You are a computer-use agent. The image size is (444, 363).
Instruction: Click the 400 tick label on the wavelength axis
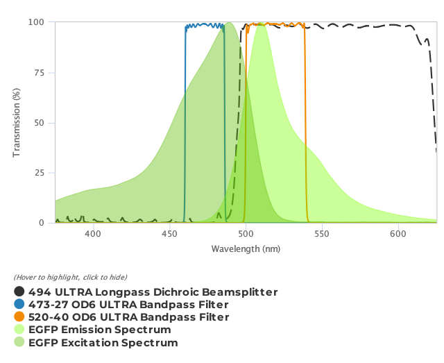(x=92, y=235)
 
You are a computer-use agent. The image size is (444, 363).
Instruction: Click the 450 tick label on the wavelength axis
(x=169, y=235)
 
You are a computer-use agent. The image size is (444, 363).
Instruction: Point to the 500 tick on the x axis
(x=246, y=235)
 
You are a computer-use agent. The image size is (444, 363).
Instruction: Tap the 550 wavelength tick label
(x=322, y=235)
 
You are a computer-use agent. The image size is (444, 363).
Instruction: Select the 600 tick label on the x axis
(x=398, y=235)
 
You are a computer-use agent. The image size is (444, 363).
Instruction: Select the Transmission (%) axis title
(x=17, y=123)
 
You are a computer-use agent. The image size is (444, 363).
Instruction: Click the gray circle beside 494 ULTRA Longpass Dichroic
(x=19, y=292)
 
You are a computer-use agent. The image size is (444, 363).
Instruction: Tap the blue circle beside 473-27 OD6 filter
(x=19, y=305)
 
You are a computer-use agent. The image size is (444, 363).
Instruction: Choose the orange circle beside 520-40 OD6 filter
(x=19, y=317)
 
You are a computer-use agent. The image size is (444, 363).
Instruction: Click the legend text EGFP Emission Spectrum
(x=99, y=330)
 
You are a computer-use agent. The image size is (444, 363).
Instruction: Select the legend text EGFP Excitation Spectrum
(x=103, y=343)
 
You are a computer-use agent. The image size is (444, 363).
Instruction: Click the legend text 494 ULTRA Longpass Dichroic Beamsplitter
(x=153, y=292)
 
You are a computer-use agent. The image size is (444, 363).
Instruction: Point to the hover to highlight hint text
(x=71, y=277)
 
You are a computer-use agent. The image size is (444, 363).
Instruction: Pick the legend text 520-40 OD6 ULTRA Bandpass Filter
(x=128, y=317)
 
